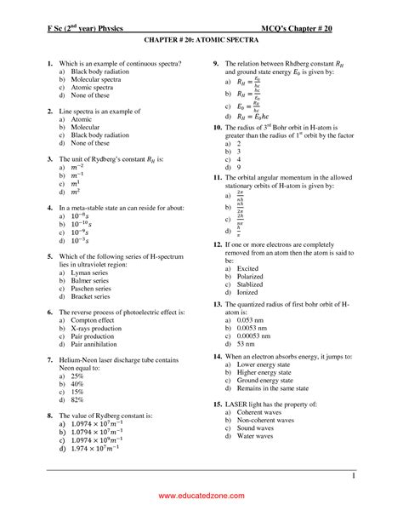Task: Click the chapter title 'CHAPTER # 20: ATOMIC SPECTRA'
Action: point(201,39)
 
